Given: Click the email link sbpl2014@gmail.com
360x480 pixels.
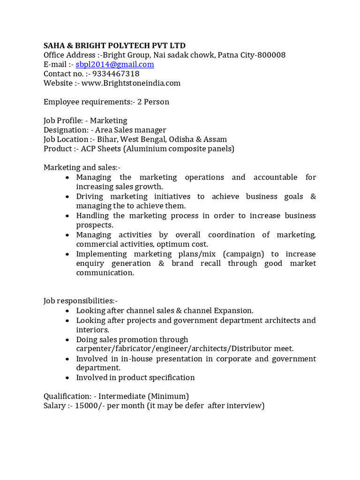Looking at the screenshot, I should coord(115,65).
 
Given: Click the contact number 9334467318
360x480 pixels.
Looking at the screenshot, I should coord(116,74).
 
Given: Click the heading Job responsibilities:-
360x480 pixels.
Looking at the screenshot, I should coord(81,301).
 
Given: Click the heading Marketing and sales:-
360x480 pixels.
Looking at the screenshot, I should coord(82,168).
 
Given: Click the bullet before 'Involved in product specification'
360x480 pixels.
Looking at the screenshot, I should coord(68,378).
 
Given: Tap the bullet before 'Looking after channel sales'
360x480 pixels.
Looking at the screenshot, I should coord(68,311).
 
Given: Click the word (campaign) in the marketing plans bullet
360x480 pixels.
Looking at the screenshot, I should coord(243,254).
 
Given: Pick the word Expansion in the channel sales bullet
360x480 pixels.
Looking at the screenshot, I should coord(233,311).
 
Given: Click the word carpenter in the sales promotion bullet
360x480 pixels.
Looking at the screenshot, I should coord(93,349).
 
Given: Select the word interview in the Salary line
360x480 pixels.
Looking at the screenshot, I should coord(245,406).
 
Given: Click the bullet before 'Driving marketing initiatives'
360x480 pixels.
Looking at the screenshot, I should coord(68,197).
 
